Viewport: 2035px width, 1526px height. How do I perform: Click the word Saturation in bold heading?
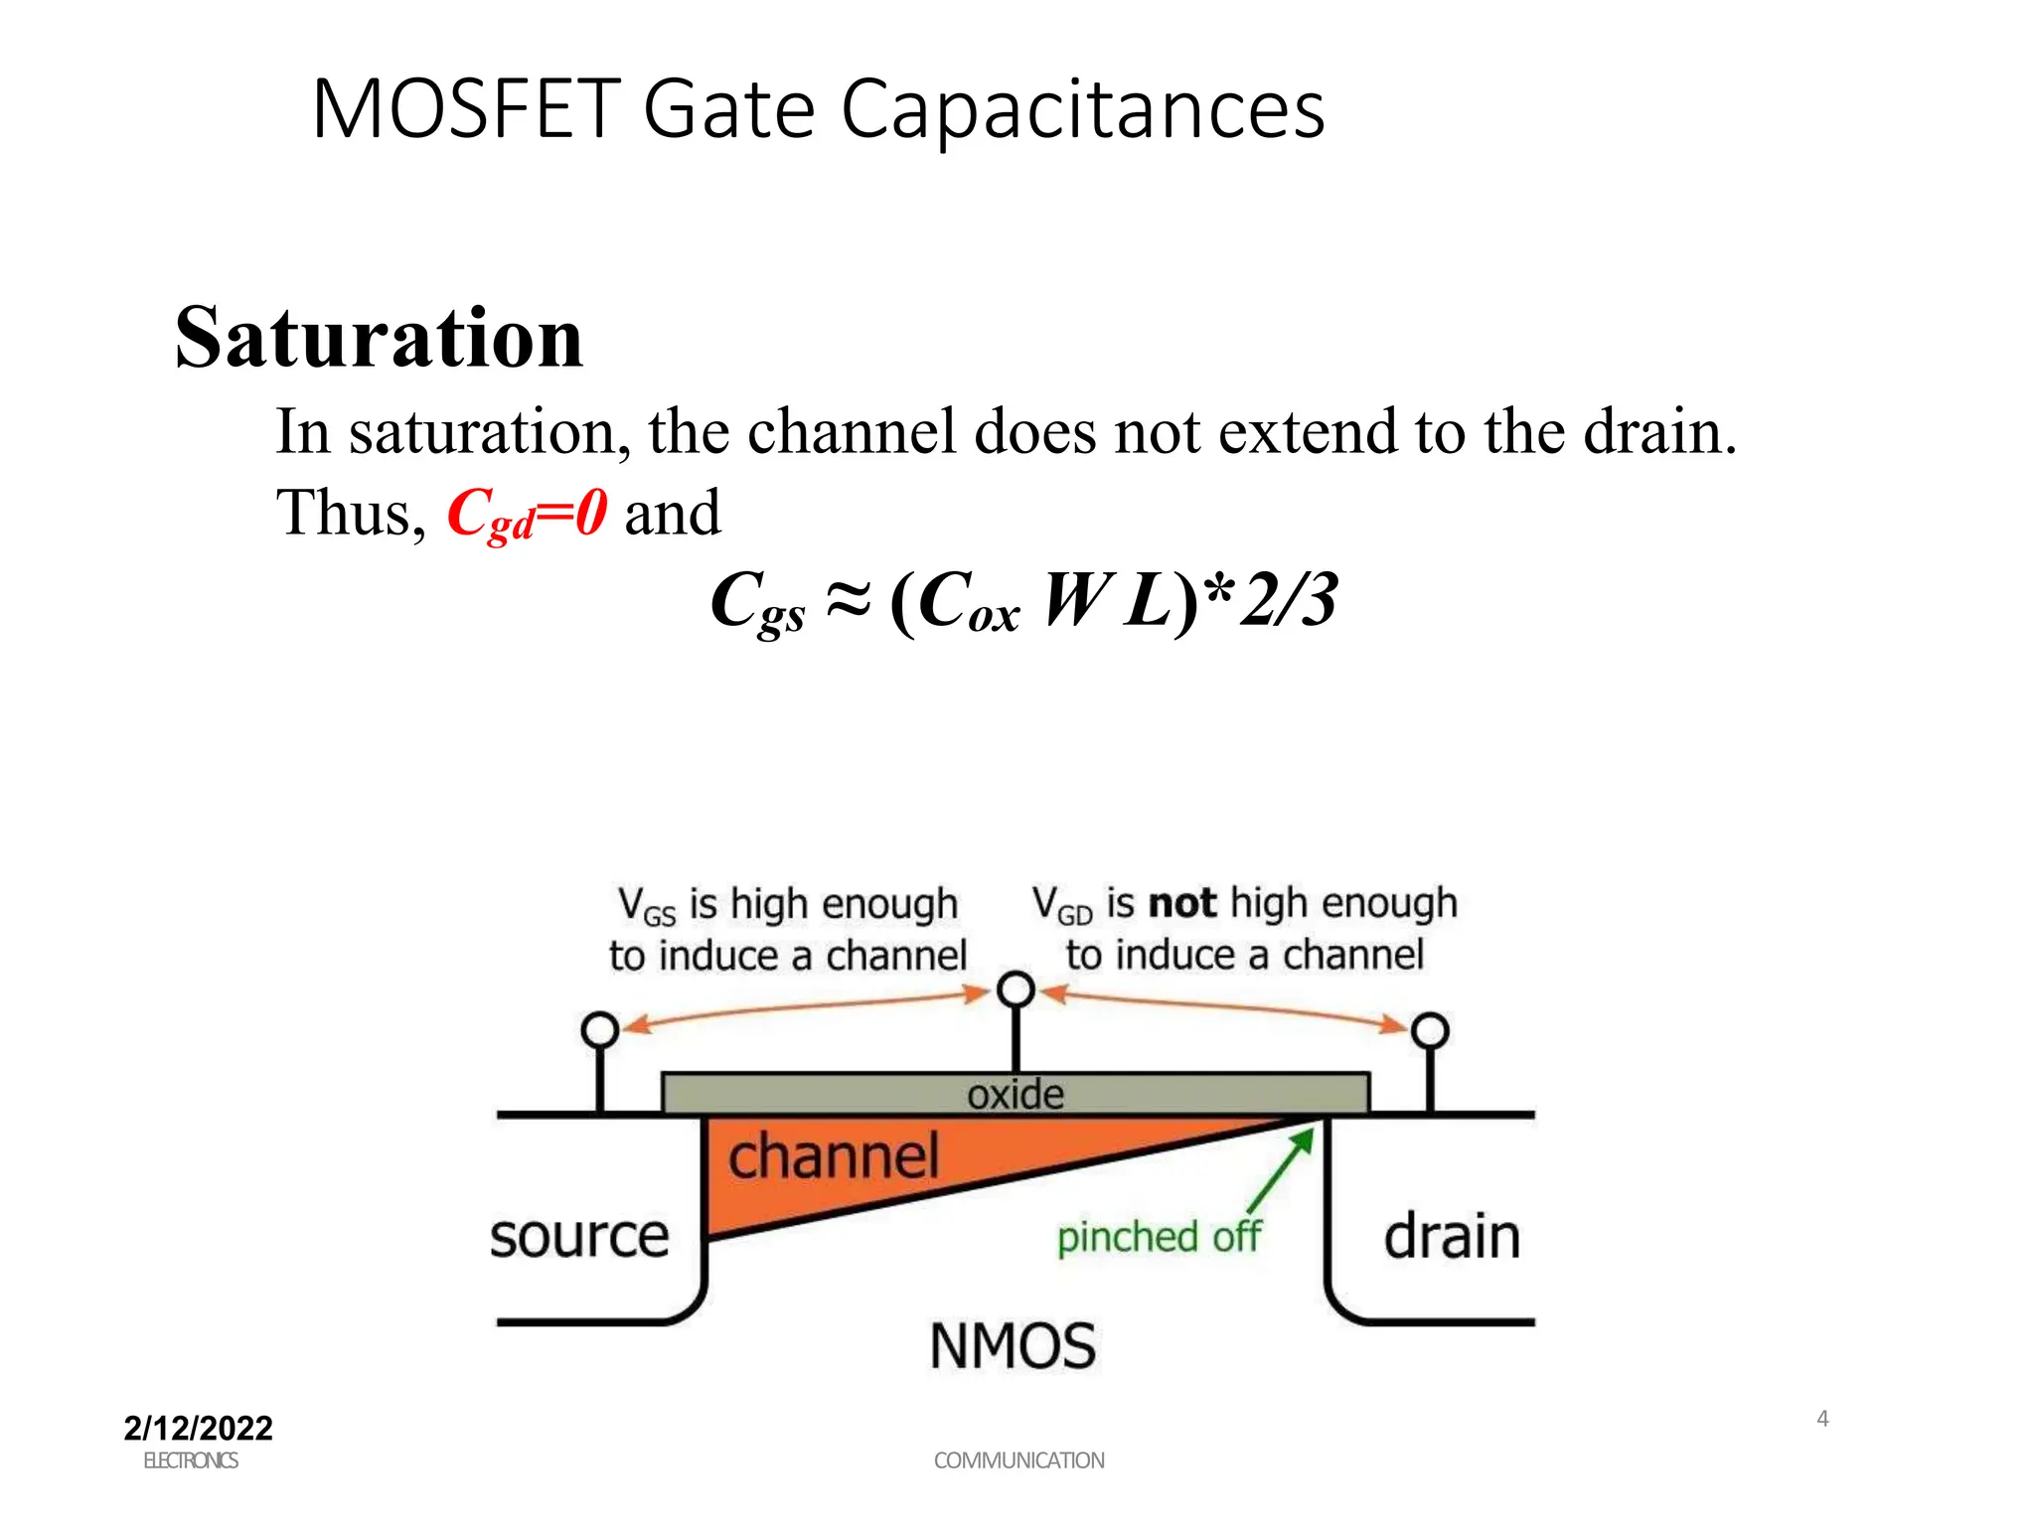[379, 338]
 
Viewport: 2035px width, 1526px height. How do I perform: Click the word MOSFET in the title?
[466, 109]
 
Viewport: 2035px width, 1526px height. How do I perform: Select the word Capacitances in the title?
[1082, 109]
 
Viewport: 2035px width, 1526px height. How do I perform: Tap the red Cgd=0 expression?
[526, 514]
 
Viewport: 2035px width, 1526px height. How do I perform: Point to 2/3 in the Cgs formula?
[1289, 600]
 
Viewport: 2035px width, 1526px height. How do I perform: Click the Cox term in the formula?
[968, 602]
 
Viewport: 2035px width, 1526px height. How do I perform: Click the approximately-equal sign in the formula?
[848, 600]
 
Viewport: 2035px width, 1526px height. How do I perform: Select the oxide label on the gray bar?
[1015, 1094]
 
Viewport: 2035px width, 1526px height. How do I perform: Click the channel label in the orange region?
[833, 1156]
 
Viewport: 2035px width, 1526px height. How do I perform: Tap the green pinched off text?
[1158, 1237]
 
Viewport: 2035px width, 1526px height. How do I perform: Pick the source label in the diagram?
[579, 1237]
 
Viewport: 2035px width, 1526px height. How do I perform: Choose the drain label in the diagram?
[1451, 1237]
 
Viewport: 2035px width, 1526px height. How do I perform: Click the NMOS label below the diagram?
[1013, 1346]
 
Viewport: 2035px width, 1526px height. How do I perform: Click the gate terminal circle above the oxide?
[1016, 990]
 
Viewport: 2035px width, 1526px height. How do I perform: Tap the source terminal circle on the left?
[599, 1029]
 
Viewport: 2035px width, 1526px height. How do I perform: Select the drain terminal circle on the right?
[1430, 1030]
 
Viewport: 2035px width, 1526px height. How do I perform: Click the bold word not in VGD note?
[1181, 903]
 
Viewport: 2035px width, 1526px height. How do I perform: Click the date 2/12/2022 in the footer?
[198, 1428]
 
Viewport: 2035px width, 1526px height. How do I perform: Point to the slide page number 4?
[1822, 1418]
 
